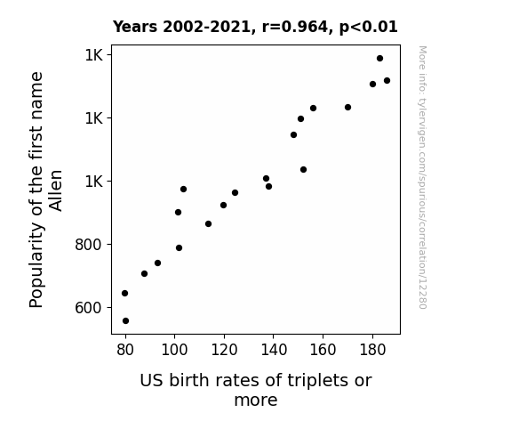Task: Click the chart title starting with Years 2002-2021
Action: coord(255,27)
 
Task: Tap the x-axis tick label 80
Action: coord(125,350)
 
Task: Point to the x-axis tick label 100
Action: coord(174,350)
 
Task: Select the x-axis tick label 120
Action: coord(224,350)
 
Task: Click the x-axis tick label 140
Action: coord(274,350)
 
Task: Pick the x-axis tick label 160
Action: coord(323,350)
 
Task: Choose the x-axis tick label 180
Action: coord(372,350)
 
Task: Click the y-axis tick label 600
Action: coord(89,308)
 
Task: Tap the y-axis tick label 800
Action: coord(89,244)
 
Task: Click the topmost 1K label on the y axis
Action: coord(94,55)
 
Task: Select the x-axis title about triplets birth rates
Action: coord(256,390)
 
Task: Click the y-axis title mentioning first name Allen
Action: coord(45,190)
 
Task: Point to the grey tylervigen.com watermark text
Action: coord(422,177)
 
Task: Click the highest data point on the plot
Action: coord(379,59)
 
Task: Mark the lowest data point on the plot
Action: coord(125,321)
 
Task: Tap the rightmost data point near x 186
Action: coord(387,81)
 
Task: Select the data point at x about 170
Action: coord(347,108)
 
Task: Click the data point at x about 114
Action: coord(208,224)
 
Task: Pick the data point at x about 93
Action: coord(157,263)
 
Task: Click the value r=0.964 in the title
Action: coord(295,27)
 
